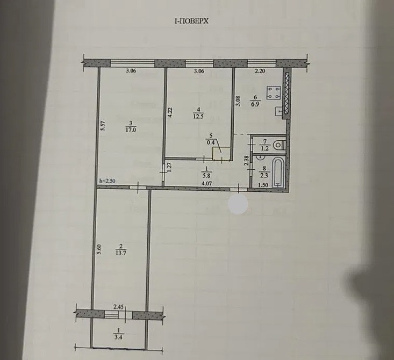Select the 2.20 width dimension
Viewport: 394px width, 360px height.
(x=260, y=70)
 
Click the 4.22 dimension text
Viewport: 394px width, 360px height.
(x=169, y=113)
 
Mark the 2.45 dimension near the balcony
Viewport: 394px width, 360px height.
(x=119, y=307)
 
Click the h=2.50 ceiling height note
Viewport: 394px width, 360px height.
(x=108, y=181)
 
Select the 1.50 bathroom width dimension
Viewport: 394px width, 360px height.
(x=263, y=185)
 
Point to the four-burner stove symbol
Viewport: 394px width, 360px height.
(x=272, y=93)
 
